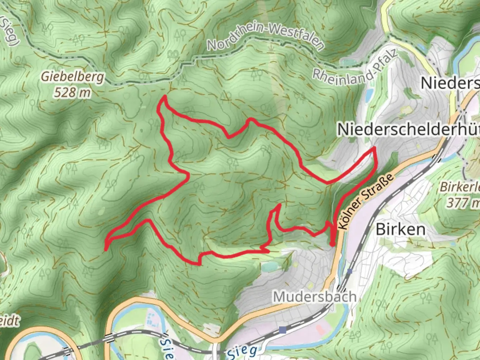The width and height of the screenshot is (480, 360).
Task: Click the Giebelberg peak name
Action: (72, 77)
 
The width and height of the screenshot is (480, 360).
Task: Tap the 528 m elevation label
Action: (72, 92)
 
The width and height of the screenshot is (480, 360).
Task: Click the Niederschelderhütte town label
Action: (408, 129)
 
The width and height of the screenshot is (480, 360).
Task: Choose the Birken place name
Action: (401, 229)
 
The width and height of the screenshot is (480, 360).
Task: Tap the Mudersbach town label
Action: (315, 296)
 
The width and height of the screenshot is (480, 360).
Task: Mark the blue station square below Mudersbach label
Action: (283, 330)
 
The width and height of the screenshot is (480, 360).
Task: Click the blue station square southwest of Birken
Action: (349, 271)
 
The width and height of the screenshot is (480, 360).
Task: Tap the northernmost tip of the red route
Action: (164, 97)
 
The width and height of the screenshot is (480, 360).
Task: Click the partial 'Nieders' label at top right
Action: (450, 83)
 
